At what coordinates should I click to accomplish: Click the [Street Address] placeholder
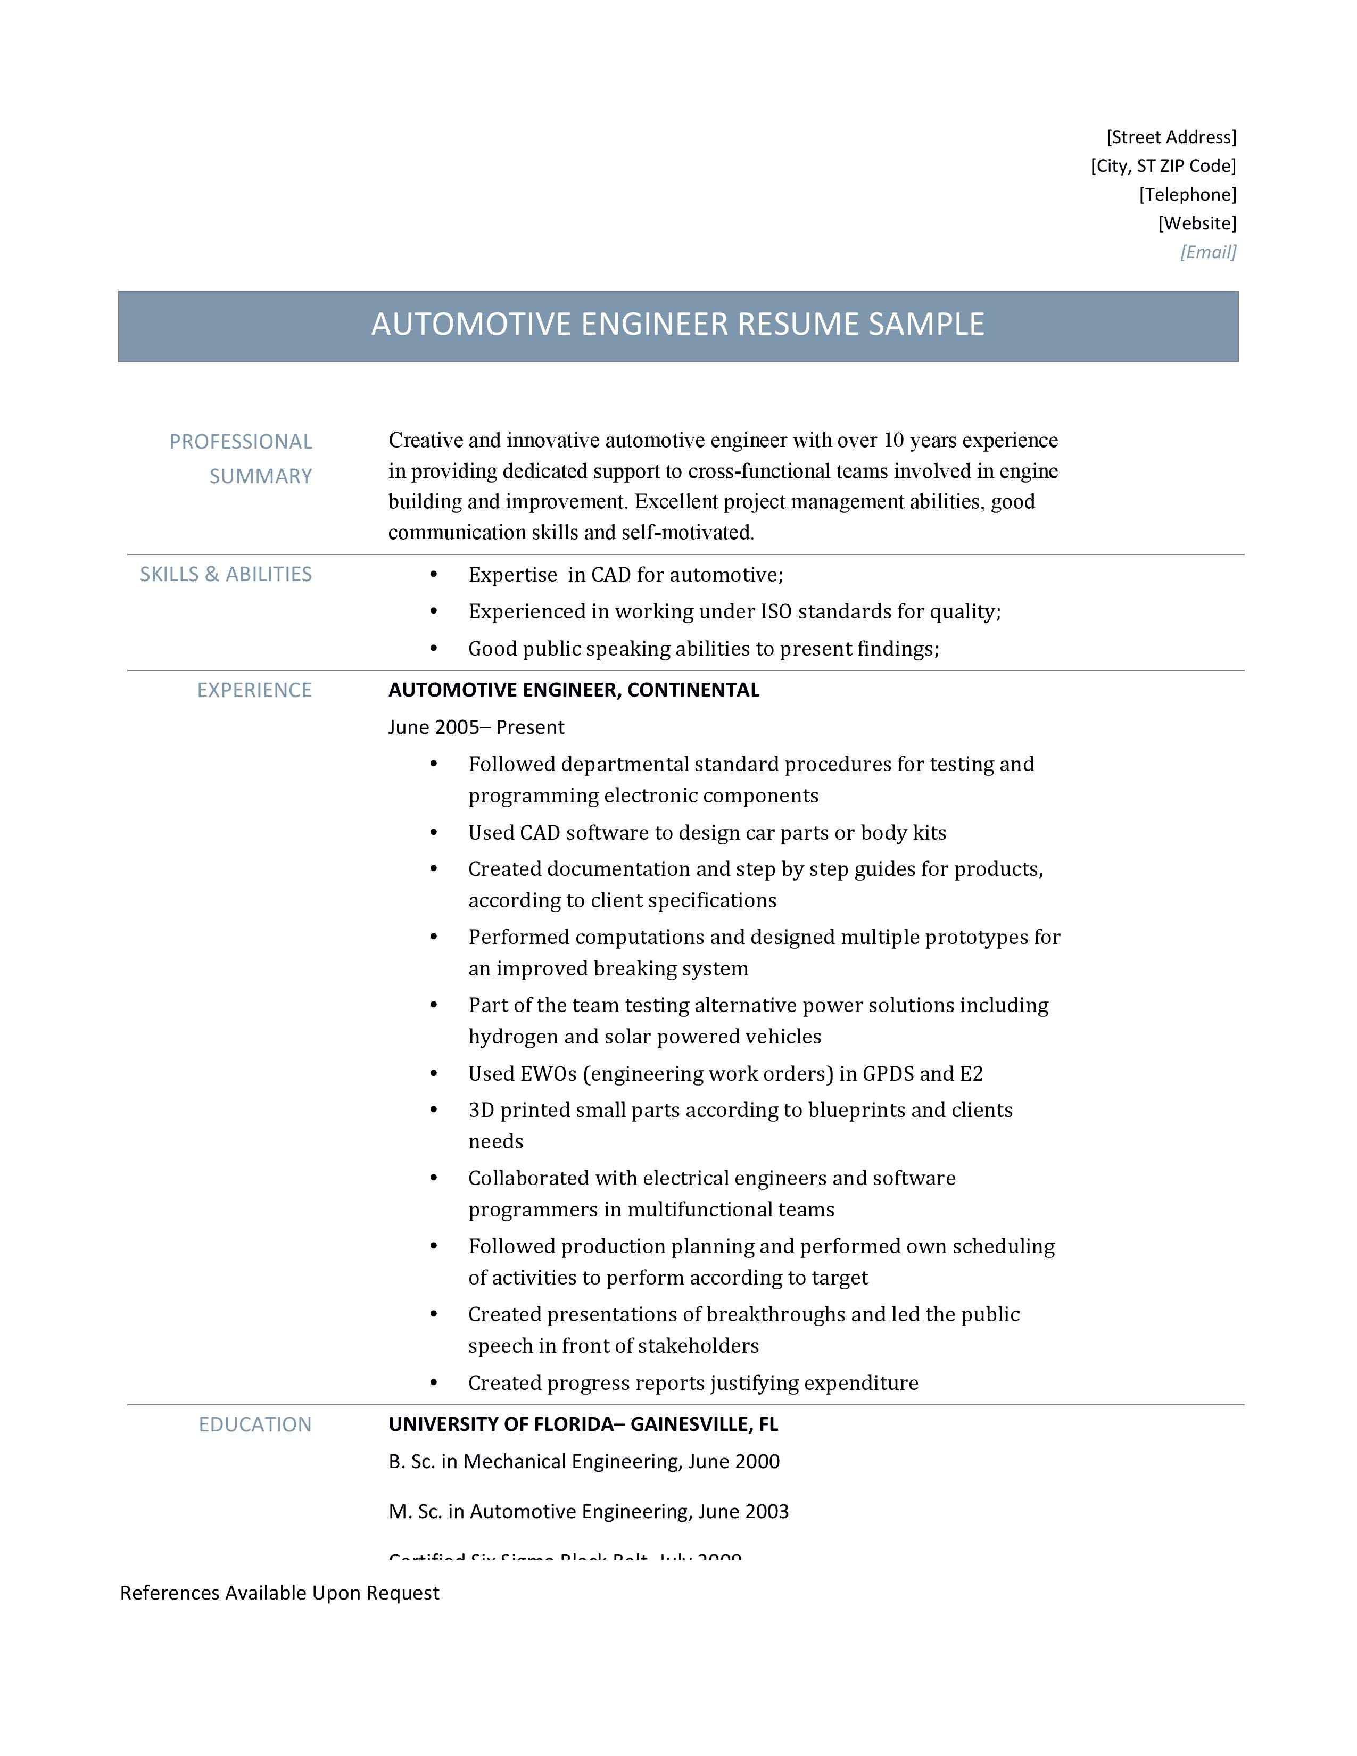point(1171,137)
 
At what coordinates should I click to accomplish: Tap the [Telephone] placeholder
point(1187,195)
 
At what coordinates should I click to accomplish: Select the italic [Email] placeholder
point(1207,252)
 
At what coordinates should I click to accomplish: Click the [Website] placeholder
point(1196,223)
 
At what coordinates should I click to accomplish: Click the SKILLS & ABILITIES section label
point(225,574)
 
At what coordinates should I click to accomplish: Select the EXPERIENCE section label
point(254,690)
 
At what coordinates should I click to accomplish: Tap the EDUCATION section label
point(255,1424)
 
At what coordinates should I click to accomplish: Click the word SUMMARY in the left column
point(260,476)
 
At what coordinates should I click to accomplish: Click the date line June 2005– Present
point(476,727)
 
